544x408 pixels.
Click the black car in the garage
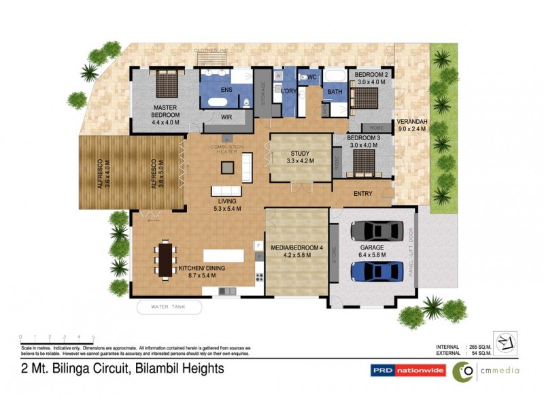(373, 232)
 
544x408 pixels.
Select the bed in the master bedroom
(166, 85)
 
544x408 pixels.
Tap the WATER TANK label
(170, 308)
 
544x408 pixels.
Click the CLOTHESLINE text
(211, 50)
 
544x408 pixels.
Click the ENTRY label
(363, 194)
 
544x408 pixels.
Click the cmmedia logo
(486, 371)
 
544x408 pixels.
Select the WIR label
(227, 117)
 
